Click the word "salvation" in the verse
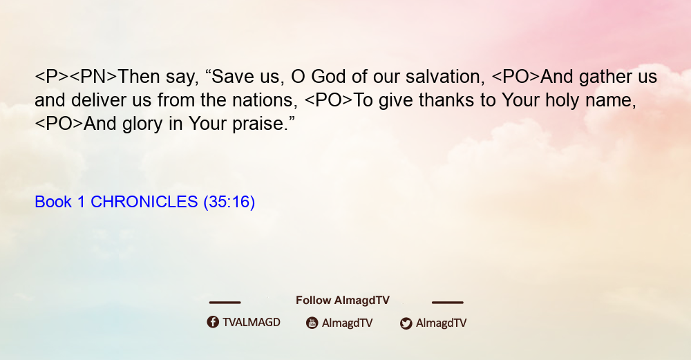coord(446,77)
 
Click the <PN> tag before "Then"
coord(93,77)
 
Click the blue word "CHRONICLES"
coord(144,202)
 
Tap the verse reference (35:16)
coord(229,202)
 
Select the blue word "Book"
coord(53,202)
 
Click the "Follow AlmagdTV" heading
coord(343,300)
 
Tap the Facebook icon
coord(213,322)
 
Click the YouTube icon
coord(312,323)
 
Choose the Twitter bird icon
coord(406,323)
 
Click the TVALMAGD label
coord(252,322)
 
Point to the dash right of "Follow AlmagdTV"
coord(447,302)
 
